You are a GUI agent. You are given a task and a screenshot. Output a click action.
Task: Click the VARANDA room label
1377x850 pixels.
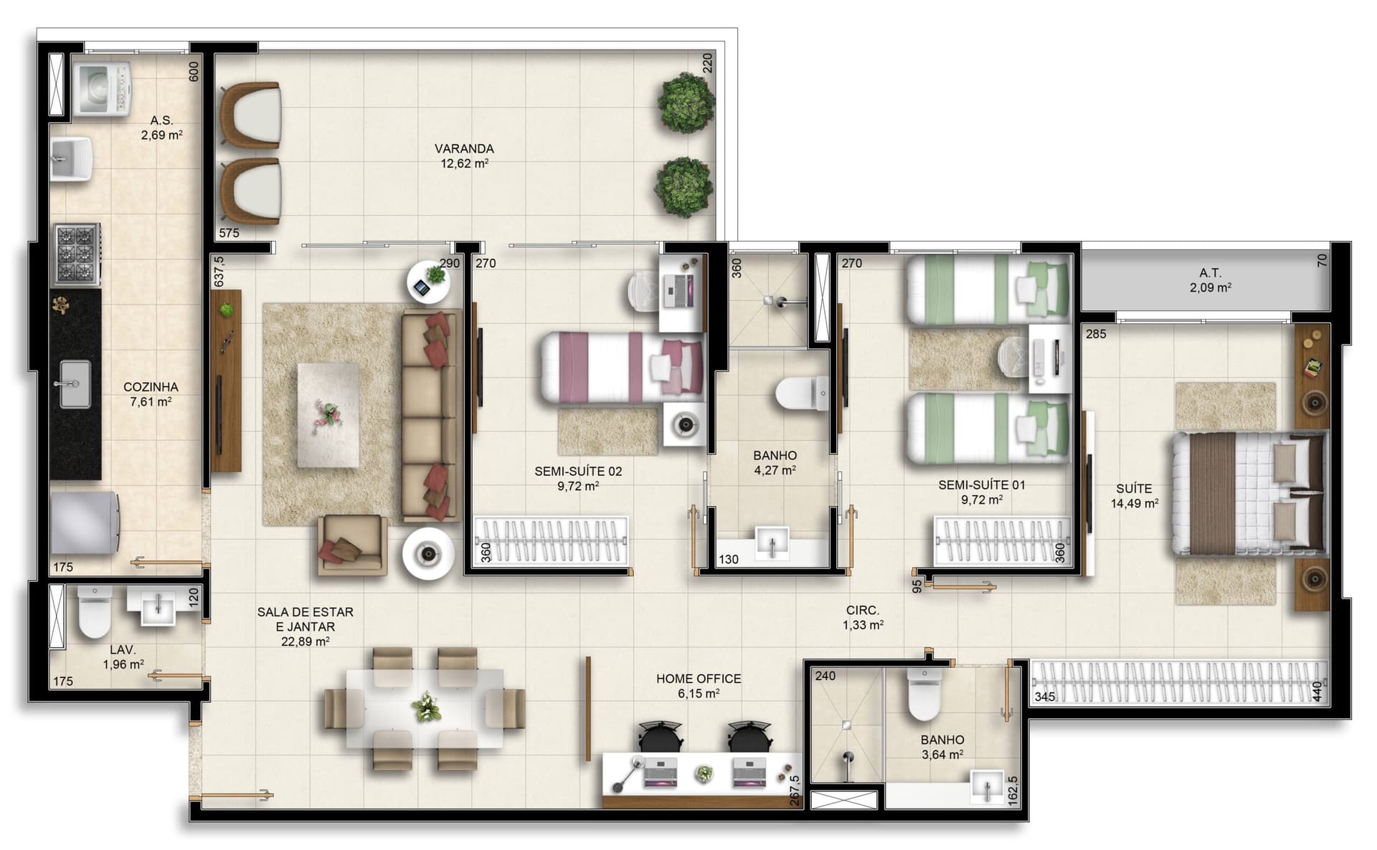click(464, 149)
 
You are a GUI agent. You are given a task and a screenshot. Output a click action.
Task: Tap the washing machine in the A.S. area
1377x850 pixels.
click(103, 89)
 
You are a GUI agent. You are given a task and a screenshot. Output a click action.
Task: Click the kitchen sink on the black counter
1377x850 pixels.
click(74, 383)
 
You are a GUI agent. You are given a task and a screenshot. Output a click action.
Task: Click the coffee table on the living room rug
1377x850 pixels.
click(328, 415)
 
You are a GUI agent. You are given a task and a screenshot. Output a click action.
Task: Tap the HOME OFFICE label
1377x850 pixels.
click(699, 679)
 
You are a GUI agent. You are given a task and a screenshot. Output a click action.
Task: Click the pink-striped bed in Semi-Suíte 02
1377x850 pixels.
click(621, 367)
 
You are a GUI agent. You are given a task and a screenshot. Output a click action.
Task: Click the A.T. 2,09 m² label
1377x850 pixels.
click(1211, 280)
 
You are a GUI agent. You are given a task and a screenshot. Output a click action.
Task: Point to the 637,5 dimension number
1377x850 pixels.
click(219, 271)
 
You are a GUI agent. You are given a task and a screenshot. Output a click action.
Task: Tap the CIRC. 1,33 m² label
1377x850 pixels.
click(863, 618)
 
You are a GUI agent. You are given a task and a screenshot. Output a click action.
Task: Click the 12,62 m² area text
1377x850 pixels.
click(464, 163)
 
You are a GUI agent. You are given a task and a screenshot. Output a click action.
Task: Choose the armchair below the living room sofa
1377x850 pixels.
click(353, 545)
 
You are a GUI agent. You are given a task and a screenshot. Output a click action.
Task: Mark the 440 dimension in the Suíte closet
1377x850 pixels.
click(1317, 692)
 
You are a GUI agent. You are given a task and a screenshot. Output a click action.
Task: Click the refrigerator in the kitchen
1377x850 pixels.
click(85, 522)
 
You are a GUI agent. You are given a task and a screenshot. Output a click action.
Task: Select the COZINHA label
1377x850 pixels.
click(151, 387)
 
